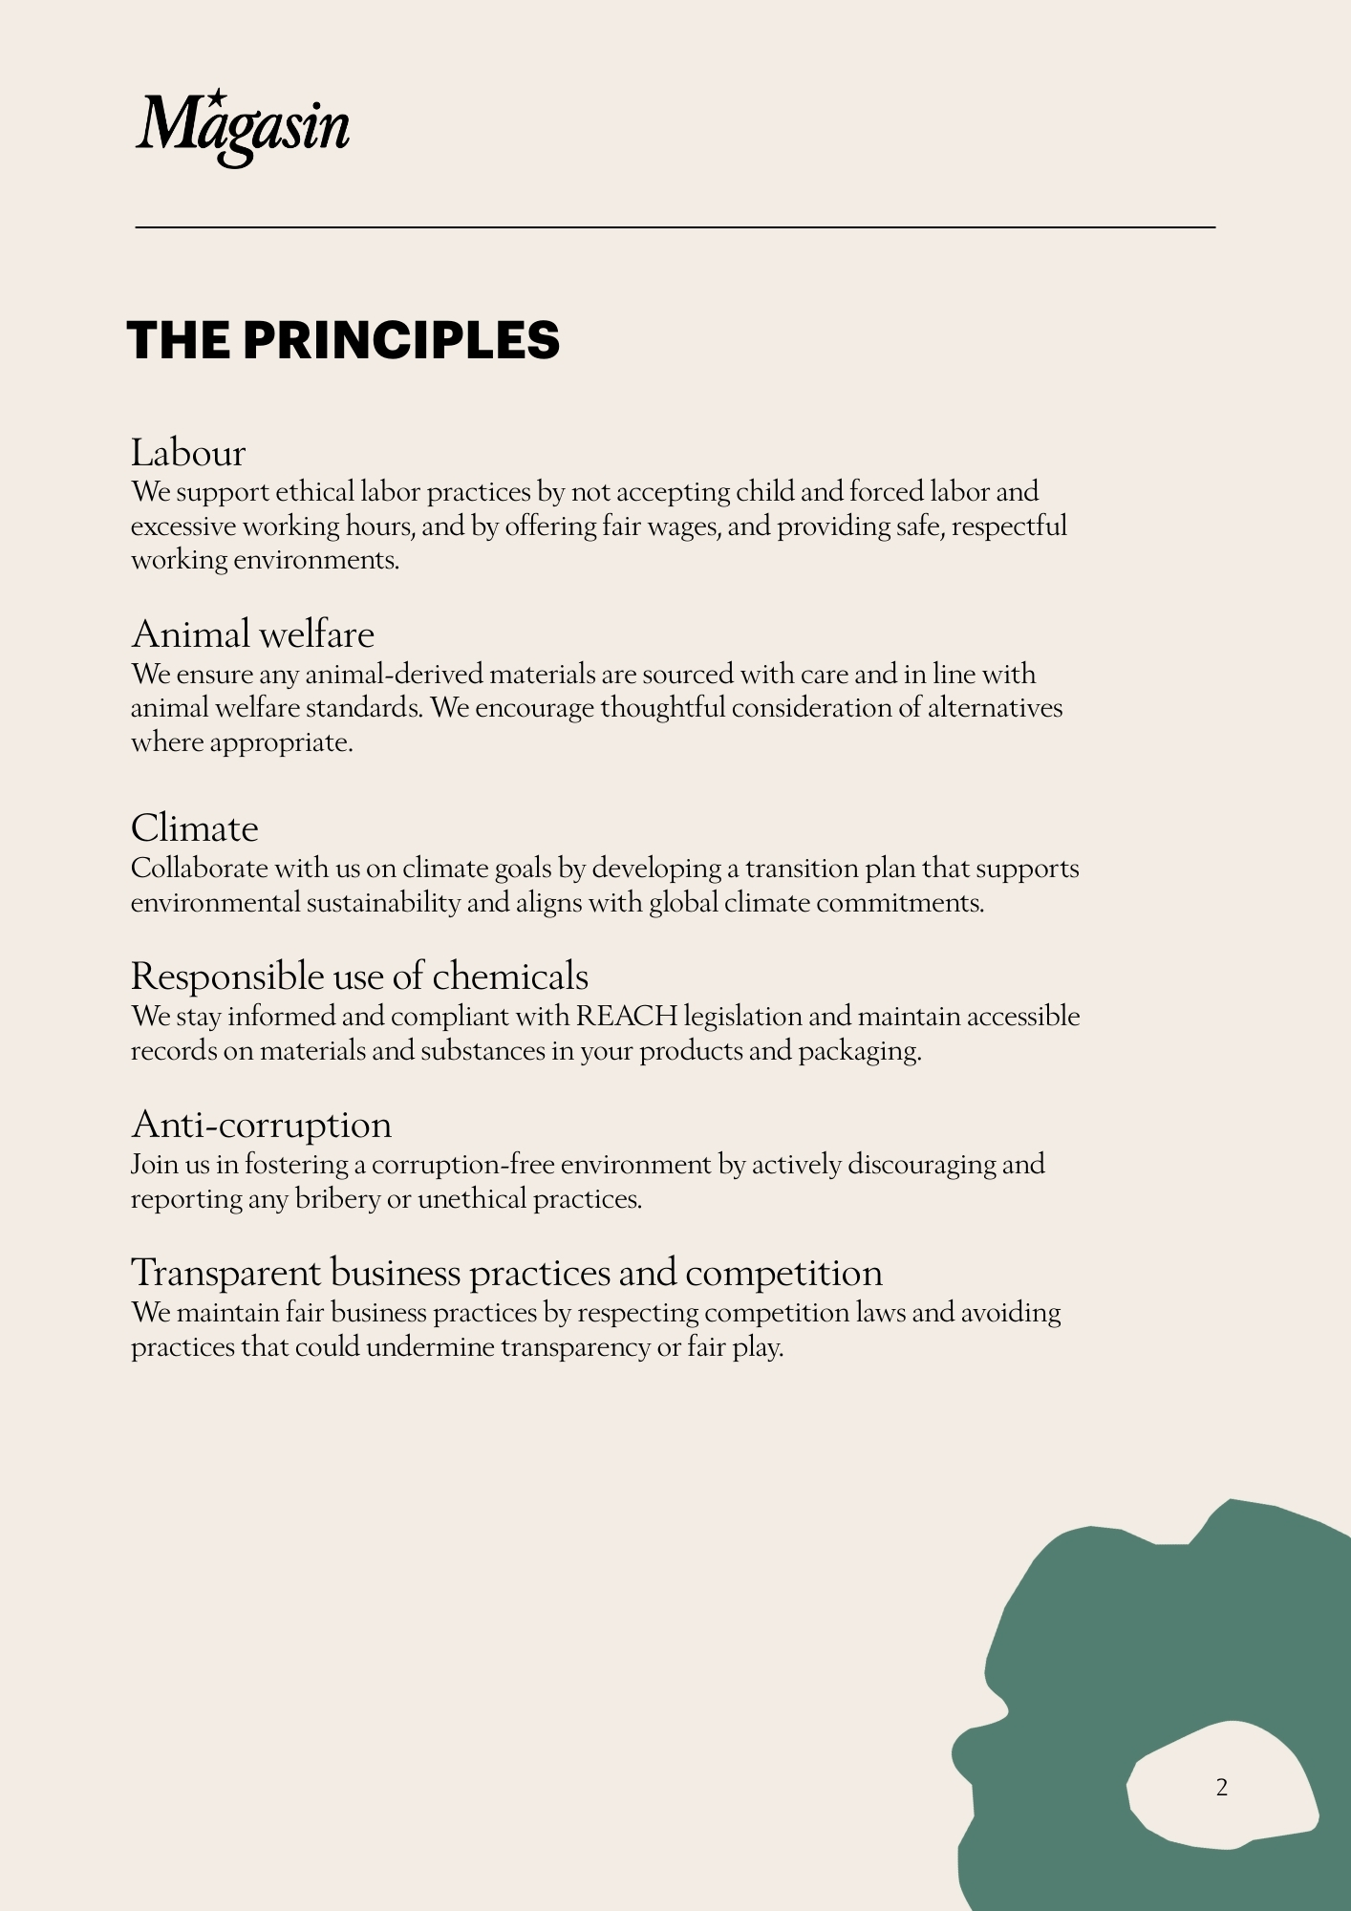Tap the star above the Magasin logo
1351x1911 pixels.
218,97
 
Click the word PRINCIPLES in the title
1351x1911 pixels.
401,340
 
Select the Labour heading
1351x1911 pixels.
188,453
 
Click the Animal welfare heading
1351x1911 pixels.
252,634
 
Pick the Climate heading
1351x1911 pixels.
194,828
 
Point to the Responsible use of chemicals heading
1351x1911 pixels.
359,977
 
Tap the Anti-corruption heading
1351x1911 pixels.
261,1125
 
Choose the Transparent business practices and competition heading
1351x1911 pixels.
506,1273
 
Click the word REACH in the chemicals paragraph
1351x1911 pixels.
626,1016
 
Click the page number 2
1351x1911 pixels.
1221,1787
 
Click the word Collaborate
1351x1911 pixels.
199,869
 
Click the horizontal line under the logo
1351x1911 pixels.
675,227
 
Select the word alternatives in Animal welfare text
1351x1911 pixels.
995,708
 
